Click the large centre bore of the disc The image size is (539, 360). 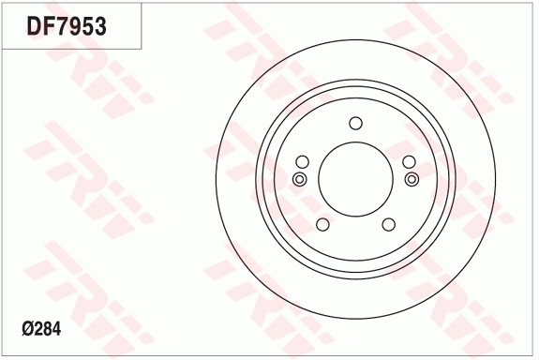354,178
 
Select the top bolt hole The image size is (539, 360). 354,123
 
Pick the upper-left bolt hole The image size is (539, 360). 302,160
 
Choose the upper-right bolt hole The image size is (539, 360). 408,160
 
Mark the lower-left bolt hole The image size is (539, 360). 322,223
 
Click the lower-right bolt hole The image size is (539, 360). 387,223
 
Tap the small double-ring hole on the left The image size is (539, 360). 299,179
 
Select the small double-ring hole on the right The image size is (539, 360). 411,178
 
